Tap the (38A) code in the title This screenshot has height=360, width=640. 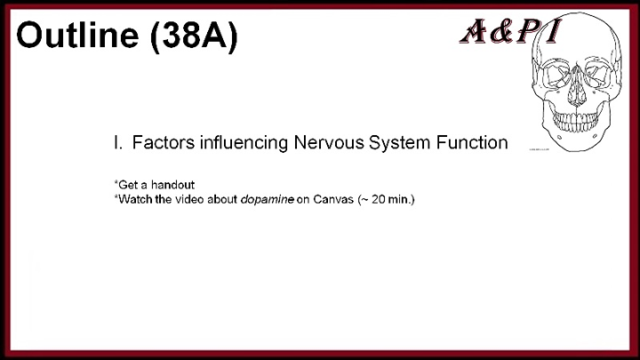[x=195, y=36]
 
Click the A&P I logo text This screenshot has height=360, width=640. [x=510, y=33]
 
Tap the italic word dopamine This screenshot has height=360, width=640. [x=268, y=199]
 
